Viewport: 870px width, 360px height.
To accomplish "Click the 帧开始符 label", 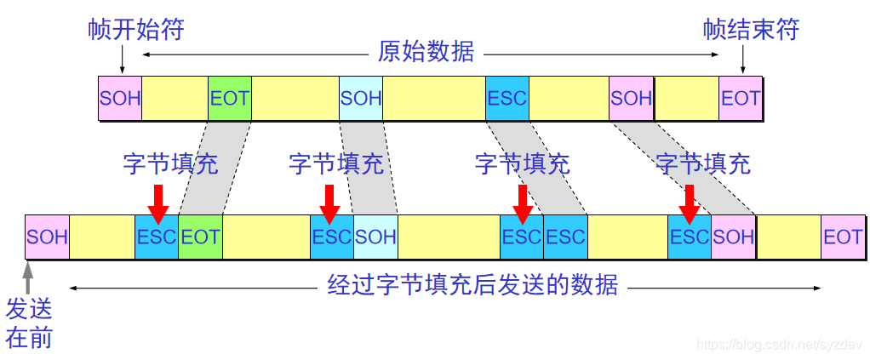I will pyautogui.click(x=136, y=30).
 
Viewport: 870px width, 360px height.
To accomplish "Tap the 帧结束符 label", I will pyautogui.click(x=751, y=30).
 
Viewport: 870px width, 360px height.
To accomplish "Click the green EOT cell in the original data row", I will pyautogui.click(x=230, y=97).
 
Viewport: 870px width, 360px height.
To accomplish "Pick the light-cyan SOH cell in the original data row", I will pyautogui.click(x=361, y=97).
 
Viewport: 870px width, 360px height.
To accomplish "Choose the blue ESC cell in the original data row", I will pyautogui.click(x=507, y=97).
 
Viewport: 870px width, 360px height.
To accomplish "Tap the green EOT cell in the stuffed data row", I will pyautogui.click(x=201, y=237).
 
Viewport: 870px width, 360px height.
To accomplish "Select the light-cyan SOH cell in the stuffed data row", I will pyautogui.click(x=375, y=237).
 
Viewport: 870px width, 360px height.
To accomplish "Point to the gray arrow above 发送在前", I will pyautogui.click(x=28, y=277).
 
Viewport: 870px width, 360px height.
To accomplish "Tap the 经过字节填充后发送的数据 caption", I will pyautogui.click(x=472, y=285).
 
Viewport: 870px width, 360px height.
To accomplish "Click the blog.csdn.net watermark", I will pyautogui.click(x=780, y=344).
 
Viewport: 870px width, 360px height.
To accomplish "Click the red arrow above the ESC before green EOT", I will pyautogui.click(x=157, y=201).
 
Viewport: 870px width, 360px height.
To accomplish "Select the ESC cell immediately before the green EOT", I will pyautogui.click(x=157, y=237).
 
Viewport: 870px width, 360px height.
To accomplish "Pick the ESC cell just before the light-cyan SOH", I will pyautogui.click(x=332, y=237).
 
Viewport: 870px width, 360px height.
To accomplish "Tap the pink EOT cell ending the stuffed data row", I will pyautogui.click(x=843, y=237).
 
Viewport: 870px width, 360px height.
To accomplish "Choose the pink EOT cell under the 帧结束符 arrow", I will pyautogui.click(x=741, y=97).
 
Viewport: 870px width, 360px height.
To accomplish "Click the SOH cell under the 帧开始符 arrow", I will pyautogui.click(x=120, y=97).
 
